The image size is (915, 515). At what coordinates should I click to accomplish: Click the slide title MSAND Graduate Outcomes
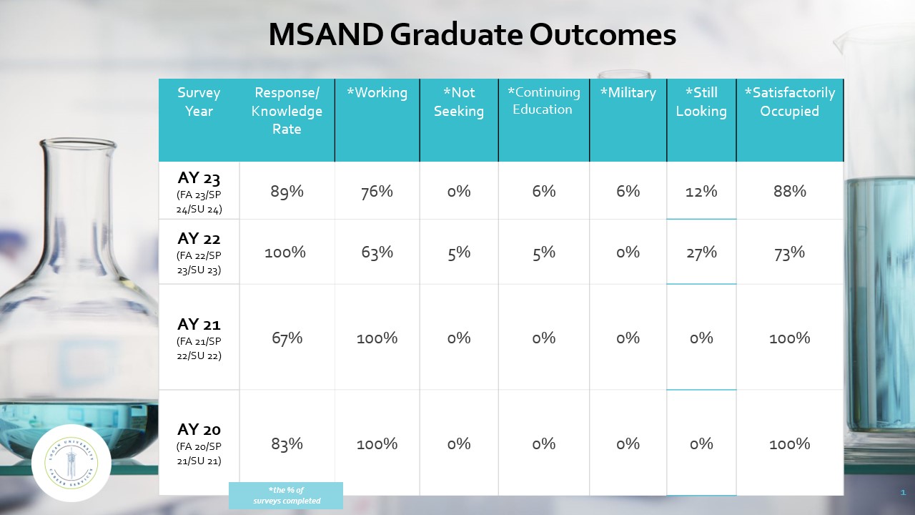pos(472,35)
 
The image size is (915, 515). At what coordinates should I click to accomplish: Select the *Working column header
pos(377,93)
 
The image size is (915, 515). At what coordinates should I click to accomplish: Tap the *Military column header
pos(628,93)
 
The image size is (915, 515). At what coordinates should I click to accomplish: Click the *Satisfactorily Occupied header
pos(789,102)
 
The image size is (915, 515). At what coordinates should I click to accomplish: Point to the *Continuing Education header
pos(543,101)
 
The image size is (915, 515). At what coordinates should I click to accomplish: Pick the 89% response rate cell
pos(287,191)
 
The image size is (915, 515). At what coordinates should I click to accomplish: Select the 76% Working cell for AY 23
pos(377,191)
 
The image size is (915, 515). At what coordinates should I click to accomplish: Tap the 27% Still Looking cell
pos(701,252)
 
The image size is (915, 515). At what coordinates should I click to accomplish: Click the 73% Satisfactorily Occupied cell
pos(789,252)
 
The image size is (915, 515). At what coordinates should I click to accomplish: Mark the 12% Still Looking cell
pos(701,191)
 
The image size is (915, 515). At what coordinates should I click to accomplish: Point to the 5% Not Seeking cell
pos(459,252)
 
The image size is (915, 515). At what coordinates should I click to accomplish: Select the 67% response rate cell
pos(287,338)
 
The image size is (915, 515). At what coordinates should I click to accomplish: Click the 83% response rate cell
pos(287,443)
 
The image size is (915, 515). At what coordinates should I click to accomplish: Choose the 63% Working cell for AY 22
pos(377,252)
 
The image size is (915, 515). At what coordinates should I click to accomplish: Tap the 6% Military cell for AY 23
pos(628,191)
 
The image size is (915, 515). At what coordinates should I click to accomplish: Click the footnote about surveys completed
pos(286,496)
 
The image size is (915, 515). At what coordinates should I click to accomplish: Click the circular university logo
pos(71,463)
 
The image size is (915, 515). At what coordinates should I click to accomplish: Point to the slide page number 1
pos(903,493)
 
